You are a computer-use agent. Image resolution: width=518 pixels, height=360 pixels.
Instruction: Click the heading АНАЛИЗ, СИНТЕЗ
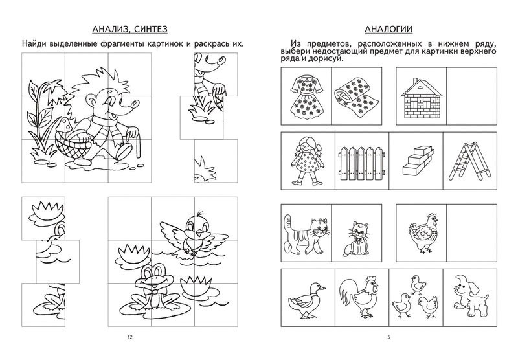(x=130, y=29)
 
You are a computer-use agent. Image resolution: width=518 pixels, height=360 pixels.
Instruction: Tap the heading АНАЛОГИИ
(x=388, y=29)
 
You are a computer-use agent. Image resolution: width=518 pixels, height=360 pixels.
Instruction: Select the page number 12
(x=130, y=337)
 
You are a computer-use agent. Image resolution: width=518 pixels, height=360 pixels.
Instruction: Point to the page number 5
(x=389, y=337)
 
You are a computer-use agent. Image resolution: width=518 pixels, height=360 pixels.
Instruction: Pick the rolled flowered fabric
(x=357, y=96)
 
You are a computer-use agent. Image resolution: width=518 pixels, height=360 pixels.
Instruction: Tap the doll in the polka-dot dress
(x=307, y=161)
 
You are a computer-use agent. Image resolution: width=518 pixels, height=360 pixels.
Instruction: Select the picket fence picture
(x=362, y=163)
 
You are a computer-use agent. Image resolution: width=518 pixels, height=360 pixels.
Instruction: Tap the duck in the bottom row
(x=306, y=300)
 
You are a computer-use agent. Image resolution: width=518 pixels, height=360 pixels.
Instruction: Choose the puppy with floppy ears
(x=471, y=295)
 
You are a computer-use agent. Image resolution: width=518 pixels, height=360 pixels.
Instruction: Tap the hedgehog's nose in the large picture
(x=135, y=104)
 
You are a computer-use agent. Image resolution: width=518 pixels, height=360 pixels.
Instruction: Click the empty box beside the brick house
(x=472, y=96)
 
